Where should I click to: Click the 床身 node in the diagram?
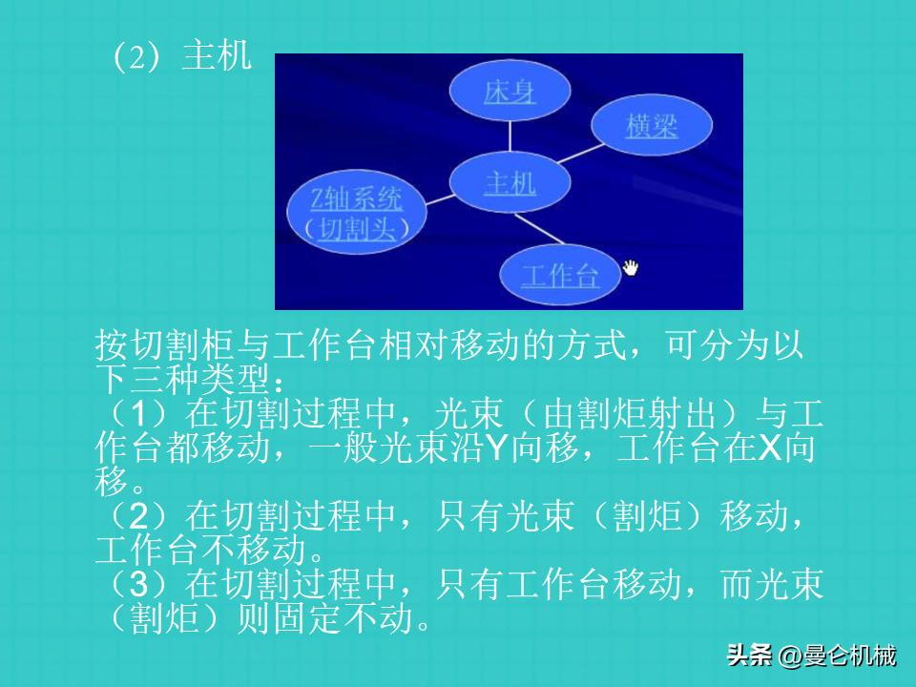coord(510,93)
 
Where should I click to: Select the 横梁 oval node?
coord(652,126)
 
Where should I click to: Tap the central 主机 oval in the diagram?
coord(510,182)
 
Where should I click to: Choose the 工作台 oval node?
coord(560,276)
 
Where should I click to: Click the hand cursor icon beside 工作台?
coord(631,268)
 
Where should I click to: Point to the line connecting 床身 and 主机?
coord(510,137)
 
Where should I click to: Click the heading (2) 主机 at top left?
coord(181,57)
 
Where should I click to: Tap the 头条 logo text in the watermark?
coord(749,656)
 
